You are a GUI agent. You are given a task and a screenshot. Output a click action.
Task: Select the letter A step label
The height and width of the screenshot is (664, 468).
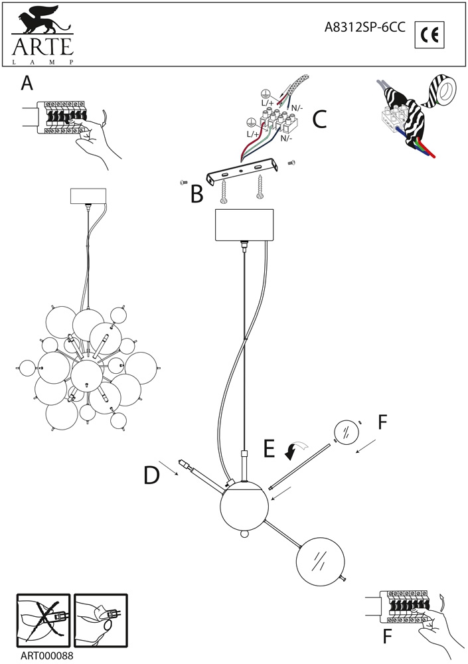point(27,83)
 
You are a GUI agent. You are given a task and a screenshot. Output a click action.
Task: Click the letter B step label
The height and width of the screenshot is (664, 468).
point(196,193)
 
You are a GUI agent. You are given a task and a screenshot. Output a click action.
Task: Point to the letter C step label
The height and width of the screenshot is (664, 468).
point(319,119)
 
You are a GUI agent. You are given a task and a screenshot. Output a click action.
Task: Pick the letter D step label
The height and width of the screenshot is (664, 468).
point(152,475)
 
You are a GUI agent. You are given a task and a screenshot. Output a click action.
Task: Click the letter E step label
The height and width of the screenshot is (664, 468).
point(269,449)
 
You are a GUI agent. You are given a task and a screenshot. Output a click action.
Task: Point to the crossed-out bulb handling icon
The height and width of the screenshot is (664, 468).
point(43,619)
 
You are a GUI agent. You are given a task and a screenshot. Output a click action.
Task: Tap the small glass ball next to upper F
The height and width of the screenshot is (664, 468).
point(345,434)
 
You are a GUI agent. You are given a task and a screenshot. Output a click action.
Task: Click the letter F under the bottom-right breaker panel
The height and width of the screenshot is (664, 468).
point(387,637)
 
